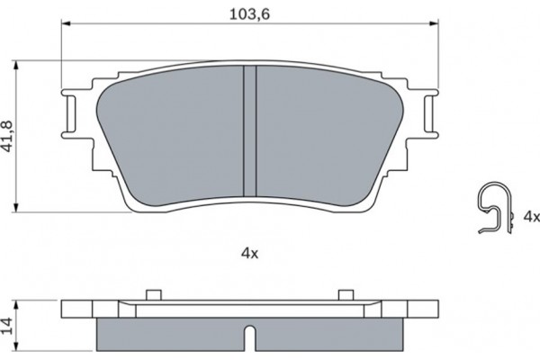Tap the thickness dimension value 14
pos(8,324)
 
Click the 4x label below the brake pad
pos(249,255)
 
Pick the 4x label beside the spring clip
pos(531,217)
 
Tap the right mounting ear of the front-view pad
pos(427,115)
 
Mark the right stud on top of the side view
pos(346,293)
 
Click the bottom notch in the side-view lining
pos(249,340)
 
